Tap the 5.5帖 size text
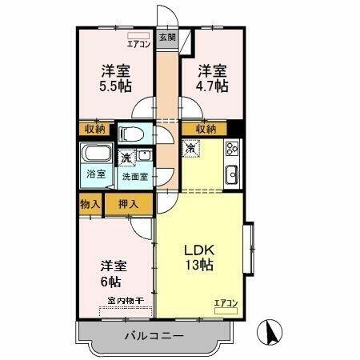(117, 86)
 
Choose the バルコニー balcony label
(154, 336)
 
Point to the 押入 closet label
(128, 204)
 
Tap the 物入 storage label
(90, 204)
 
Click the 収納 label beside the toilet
(94, 129)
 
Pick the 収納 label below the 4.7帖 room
(204, 129)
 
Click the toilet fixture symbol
(131, 133)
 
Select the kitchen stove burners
(233, 149)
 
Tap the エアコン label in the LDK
(226, 302)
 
